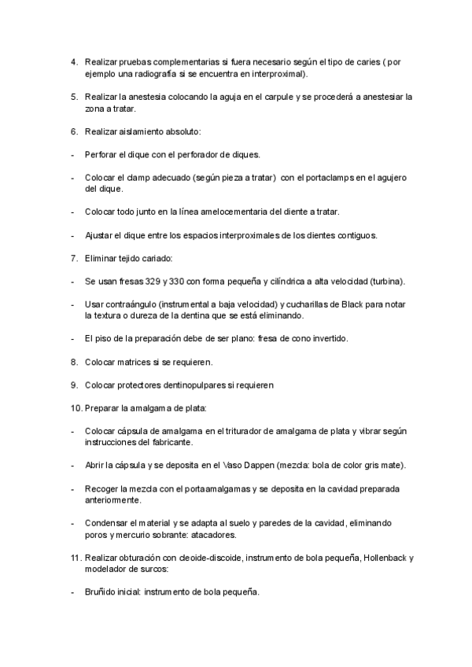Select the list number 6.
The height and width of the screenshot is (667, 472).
coord(73,131)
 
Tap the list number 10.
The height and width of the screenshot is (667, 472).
coord(76,408)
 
